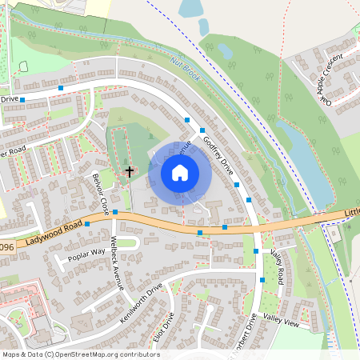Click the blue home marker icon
pyautogui.click(x=179, y=173)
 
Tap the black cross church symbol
pyautogui.click(x=129, y=170)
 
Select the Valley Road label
pyautogui.click(x=278, y=266)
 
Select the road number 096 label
pyautogui.click(x=6, y=247)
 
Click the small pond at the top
pyautogui.click(x=190, y=10)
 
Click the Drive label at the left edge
pyautogui.click(x=9, y=99)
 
